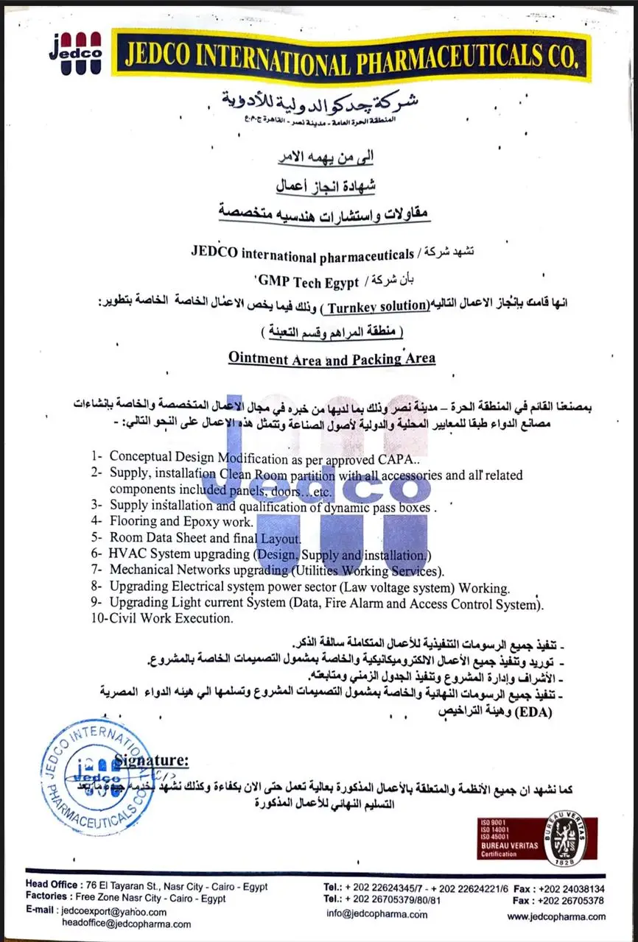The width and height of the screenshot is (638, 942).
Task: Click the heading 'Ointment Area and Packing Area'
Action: pos(332,358)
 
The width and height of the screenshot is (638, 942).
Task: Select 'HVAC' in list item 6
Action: pos(125,553)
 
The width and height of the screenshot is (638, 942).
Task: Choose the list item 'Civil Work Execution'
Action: pos(171,619)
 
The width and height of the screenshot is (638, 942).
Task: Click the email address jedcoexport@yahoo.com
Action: pos(107,910)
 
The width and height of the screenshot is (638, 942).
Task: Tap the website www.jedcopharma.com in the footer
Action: pos(556,916)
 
